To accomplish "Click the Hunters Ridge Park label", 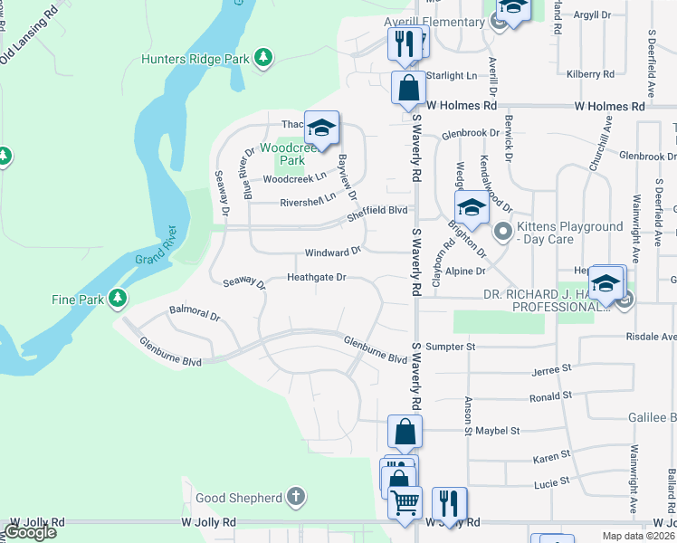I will coord(195,60).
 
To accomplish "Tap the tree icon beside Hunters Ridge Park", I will coord(263,60).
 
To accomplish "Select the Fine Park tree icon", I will coord(117,298).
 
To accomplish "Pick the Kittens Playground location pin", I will coord(503,233).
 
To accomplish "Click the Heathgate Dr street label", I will coord(317,277).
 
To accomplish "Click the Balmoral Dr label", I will coord(195,316).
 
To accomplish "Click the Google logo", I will coord(30,531).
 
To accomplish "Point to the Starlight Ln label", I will coord(451,76).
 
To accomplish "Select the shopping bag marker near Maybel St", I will coord(405,431).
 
